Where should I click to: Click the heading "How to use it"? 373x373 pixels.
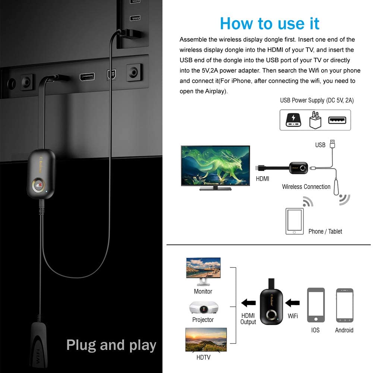tap(269, 23)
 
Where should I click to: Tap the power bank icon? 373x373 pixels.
tap(294, 120)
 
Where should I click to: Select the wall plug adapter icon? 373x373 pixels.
tap(315, 120)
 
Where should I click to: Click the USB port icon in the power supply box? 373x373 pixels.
tap(337, 120)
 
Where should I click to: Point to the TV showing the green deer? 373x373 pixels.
tap(215, 167)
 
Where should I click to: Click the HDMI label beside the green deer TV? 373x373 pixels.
tap(262, 179)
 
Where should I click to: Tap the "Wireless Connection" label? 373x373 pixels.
tap(306, 187)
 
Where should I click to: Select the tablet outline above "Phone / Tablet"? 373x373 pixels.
tap(294, 221)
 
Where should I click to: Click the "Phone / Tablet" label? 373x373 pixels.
tap(325, 231)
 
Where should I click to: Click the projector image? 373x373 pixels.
tap(203, 307)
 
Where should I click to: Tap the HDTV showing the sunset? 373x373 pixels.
tap(206, 340)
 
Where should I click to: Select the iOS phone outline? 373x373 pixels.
tap(316, 305)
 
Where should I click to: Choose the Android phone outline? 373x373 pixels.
tap(344, 305)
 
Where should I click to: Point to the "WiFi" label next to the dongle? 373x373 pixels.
tap(293, 316)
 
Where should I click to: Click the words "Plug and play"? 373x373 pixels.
tap(111, 345)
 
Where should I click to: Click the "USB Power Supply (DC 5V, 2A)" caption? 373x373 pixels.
tap(317, 100)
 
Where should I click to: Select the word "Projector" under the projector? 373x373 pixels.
tap(203, 320)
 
